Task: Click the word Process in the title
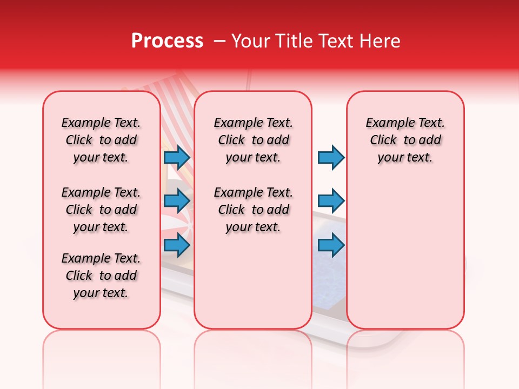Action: point(167,41)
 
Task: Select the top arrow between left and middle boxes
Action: point(177,157)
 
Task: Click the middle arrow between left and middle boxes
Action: point(177,201)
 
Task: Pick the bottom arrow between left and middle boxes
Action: point(177,245)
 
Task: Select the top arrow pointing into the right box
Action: point(331,157)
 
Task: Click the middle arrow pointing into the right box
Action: point(331,201)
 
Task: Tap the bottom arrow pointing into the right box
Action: point(331,245)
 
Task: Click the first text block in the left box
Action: point(101,140)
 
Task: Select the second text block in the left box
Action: point(101,210)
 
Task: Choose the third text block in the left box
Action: point(101,276)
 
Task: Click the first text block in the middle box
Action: point(253,140)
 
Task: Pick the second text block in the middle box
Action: point(253,210)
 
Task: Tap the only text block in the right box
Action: point(405,140)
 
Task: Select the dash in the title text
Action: point(219,41)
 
